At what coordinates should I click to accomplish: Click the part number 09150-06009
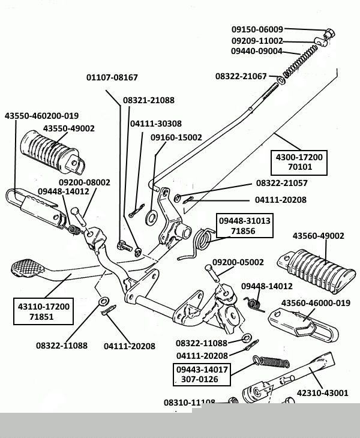click(x=257, y=29)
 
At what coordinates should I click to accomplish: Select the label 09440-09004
click(x=256, y=51)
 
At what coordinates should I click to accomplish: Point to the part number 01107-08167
click(x=112, y=77)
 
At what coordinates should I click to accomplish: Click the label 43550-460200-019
click(x=41, y=115)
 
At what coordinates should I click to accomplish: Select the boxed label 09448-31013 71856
click(x=244, y=226)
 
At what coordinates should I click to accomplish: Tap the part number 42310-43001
click(x=322, y=393)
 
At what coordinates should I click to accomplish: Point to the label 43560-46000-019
click(x=316, y=303)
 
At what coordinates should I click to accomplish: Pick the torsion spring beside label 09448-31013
click(x=202, y=241)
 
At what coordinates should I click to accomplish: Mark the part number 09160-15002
click(x=176, y=137)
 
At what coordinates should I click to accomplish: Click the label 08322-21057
click(x=281, y=182)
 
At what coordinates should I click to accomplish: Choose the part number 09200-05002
click(x=238, y=262)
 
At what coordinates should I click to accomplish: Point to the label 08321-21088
click(x=149, y=100)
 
